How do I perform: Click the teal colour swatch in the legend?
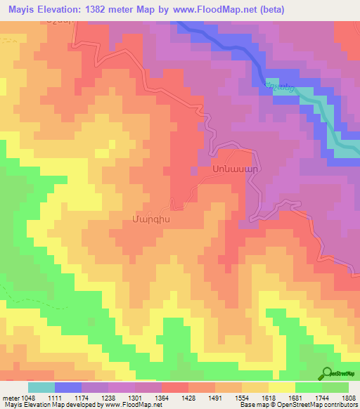tap(41, 387)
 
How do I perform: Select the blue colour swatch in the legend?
tap(68, 387)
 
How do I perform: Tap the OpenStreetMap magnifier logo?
tap(327, 374)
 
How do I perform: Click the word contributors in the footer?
tap(340, 405)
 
